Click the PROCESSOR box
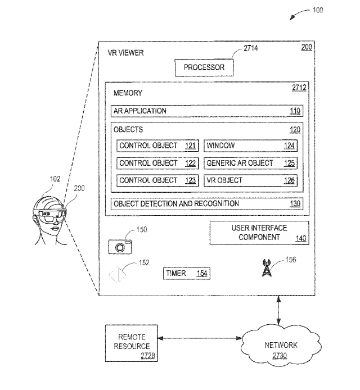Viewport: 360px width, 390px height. point(204,67)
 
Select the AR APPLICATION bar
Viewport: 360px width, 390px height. point(207,111)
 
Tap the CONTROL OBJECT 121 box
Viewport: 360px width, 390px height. point(157,146)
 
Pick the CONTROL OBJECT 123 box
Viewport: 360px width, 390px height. point(157,180)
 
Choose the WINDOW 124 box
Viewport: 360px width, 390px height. point(250,146)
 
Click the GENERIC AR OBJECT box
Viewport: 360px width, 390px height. point(250,163)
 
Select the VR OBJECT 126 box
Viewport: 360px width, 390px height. point(250,180)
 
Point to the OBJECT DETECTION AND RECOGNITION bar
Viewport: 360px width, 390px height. point(207,204)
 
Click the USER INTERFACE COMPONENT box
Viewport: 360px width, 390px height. point(259,233)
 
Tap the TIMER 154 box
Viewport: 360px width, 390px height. point(187,274)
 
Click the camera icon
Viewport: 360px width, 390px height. point(120,247)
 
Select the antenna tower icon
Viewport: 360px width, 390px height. point(267,268)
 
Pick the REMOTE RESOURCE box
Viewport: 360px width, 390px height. point(132,343)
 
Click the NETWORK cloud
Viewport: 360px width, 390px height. point(281,346)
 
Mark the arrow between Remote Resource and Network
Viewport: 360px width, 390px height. point(200,338)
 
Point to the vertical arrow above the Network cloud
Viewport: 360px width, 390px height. point(278,310)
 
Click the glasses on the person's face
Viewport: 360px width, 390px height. point(52,216)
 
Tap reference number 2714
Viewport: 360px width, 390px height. point(251,48)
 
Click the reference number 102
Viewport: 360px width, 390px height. point(55,179)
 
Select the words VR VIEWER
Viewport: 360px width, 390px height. point(126,53)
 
